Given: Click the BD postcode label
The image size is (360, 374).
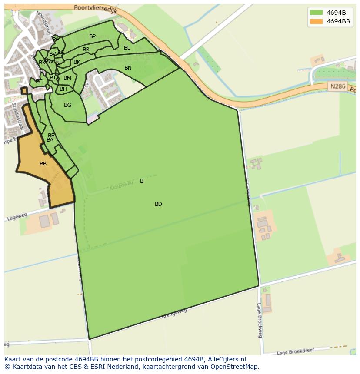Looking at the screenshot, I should (158, 204).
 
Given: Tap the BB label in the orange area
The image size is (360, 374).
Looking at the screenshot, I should (43, 164).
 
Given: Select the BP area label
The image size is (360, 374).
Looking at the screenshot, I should (92, 36).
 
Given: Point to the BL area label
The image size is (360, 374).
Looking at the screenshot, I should (127, 48).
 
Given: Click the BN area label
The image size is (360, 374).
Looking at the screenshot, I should (128, 68).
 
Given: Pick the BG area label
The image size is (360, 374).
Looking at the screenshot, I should (67, 105).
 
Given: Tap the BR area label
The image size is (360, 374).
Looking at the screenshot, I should (86, 50).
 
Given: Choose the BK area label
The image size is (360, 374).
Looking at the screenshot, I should (77, 62).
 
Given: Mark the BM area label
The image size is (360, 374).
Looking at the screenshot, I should (67, 78).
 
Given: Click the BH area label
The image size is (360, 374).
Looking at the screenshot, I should (63, 89).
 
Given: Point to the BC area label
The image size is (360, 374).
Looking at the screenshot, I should (39, 82).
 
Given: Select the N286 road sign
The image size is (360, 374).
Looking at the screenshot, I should (337, 86).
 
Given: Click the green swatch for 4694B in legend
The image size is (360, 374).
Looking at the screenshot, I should (316, 13).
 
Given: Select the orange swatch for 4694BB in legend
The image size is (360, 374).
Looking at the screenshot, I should (316, 21).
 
